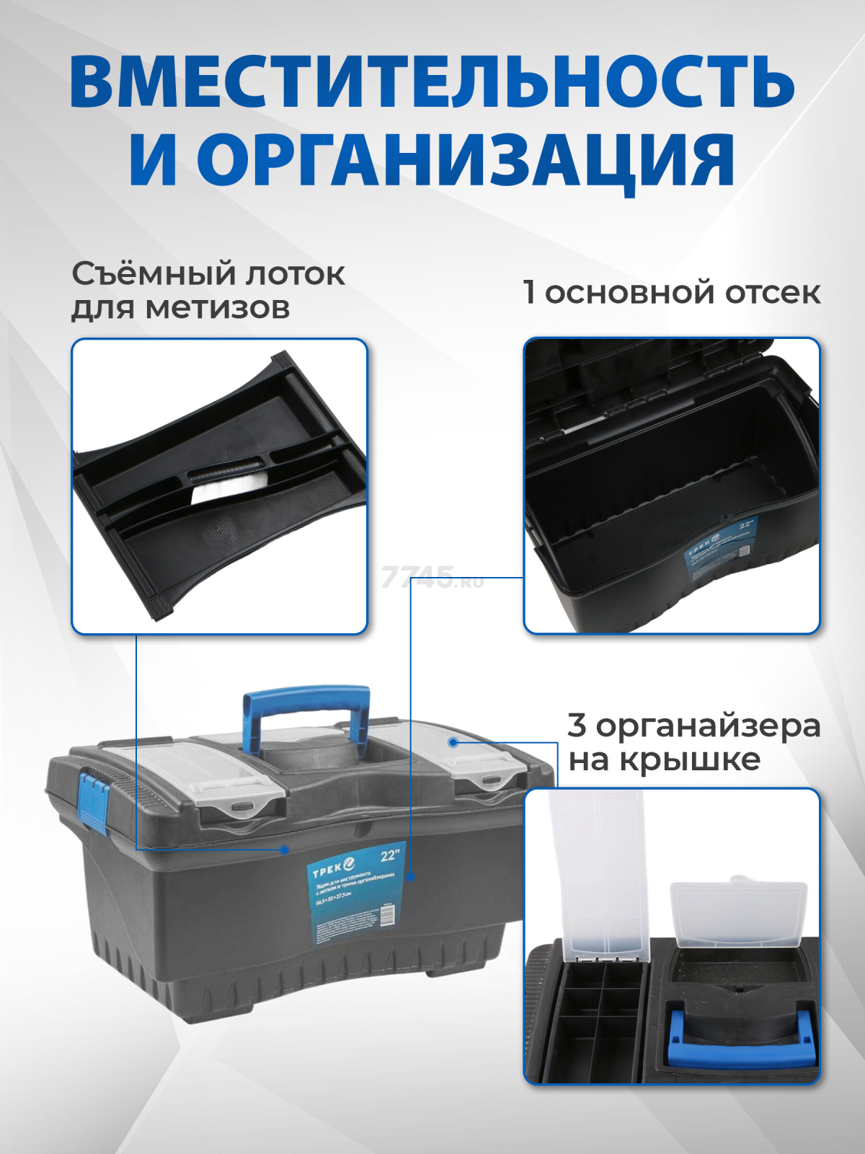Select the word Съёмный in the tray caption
pyautogui.click(x=153, y=274)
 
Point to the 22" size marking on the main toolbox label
pyautogui.click(x=390, y=856)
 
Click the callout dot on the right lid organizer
pyautogui.click(x=453, y=741)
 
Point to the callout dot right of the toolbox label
pyautogui.click(x=411, y=877)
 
